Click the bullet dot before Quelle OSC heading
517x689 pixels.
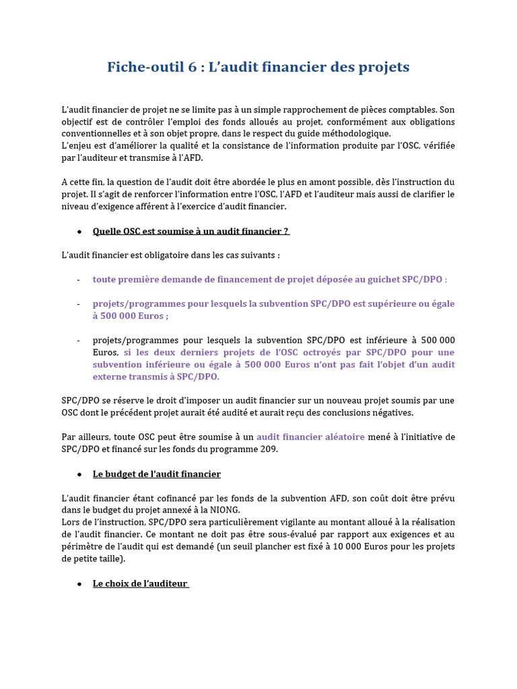point(79,231)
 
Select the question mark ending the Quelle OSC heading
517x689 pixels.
point(286,231)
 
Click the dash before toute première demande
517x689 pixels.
point(79,279)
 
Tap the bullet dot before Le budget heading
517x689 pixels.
point(79,474)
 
